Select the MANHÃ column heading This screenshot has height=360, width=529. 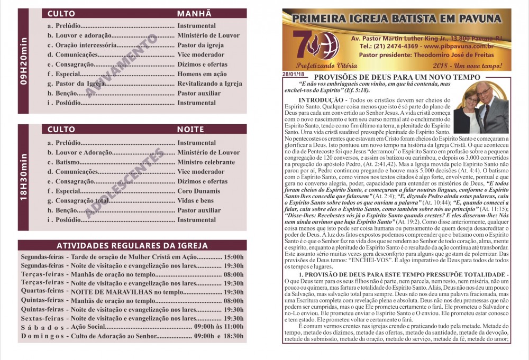click(x=194, y=14)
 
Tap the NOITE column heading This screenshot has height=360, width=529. click(x=190, y=129)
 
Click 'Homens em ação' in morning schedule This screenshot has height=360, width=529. click(x=202, y=74)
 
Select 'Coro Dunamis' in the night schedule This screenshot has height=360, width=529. click(x=199, y=191)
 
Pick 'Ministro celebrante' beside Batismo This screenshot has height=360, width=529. click(x=206, y=162)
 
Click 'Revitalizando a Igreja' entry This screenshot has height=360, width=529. click(x=209, y=84)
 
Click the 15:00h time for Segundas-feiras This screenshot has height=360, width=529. click(x=233, y=256)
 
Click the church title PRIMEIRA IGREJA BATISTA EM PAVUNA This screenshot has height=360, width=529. click(x=397, y=20)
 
